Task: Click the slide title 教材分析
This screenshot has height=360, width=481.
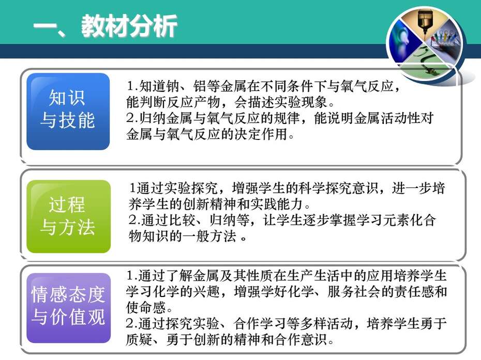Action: click(x=129, y=26)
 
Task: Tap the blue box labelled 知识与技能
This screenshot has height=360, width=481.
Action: click(x=68, y=112)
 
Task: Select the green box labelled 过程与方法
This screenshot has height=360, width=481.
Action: click(x=68, y=216)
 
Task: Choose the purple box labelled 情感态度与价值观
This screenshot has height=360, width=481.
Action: click(x=68, y=308)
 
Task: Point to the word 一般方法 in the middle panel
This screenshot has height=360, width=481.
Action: click(x=209, y=236)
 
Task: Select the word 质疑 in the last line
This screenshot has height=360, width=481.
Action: click(x=139, y=339)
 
